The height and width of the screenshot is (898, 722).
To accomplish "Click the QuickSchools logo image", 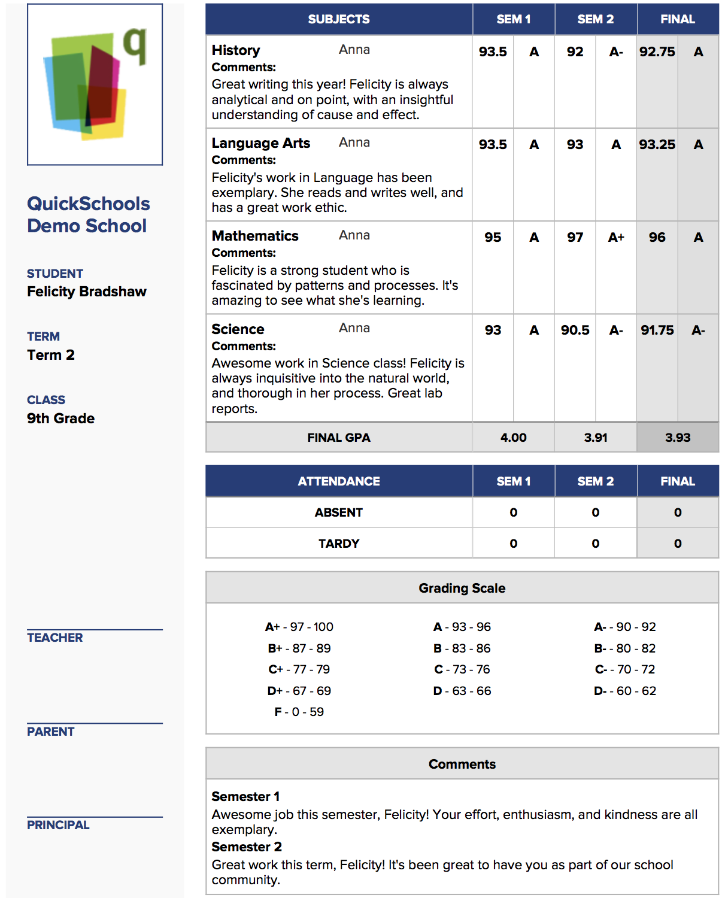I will pyautogui.click(x=95, y=84).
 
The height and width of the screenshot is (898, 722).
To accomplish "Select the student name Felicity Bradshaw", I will pyautogui.click(x=87, y=292).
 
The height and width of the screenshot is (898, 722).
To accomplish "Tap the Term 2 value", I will pyautogui.click(x=51, y=355).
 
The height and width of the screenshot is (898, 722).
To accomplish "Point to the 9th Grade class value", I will pyautogui.click(x=60, y=418).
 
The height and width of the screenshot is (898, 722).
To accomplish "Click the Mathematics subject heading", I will pyautogui.click(x=255, y=236).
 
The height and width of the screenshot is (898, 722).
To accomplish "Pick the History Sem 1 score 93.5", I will pyautogui.click(x=493, y=52).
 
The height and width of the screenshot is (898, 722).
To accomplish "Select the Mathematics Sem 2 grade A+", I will pyautogui.click(x=616, y=238).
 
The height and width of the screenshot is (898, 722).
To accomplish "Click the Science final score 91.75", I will pyautogui.click(x=657, y=330).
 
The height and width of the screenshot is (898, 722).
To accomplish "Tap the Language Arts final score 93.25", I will pyautogui.click(x=657, y=145).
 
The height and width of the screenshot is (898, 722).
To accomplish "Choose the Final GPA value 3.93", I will pyautogui.click(x=678, y=438).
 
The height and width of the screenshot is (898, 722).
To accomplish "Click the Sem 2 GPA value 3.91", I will pyautogui.click(x=596, y=438).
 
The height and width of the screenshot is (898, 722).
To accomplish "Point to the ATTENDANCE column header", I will pyautogui.click(x=339, y=481).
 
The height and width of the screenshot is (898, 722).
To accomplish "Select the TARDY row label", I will pyautogui.click(x=339, y=544).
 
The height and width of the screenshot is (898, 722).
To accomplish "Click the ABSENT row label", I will pyautogui.click(x=339, y=512).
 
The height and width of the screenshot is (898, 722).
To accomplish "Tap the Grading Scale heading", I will pyautogui.click(x=462, y=588).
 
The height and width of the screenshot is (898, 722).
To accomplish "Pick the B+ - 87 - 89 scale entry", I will pyautogui.click(x=299, y=648).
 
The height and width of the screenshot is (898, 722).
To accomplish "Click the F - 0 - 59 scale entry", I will pyautogui.click(x=299, y=712).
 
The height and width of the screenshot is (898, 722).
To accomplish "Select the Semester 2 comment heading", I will pyautogui.click(x=247, y=847).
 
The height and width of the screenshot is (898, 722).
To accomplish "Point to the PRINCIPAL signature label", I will pyautogui.click(x=58, y=825).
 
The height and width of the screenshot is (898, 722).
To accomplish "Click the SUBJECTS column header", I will pyautogui.click(x=339, y=19).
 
